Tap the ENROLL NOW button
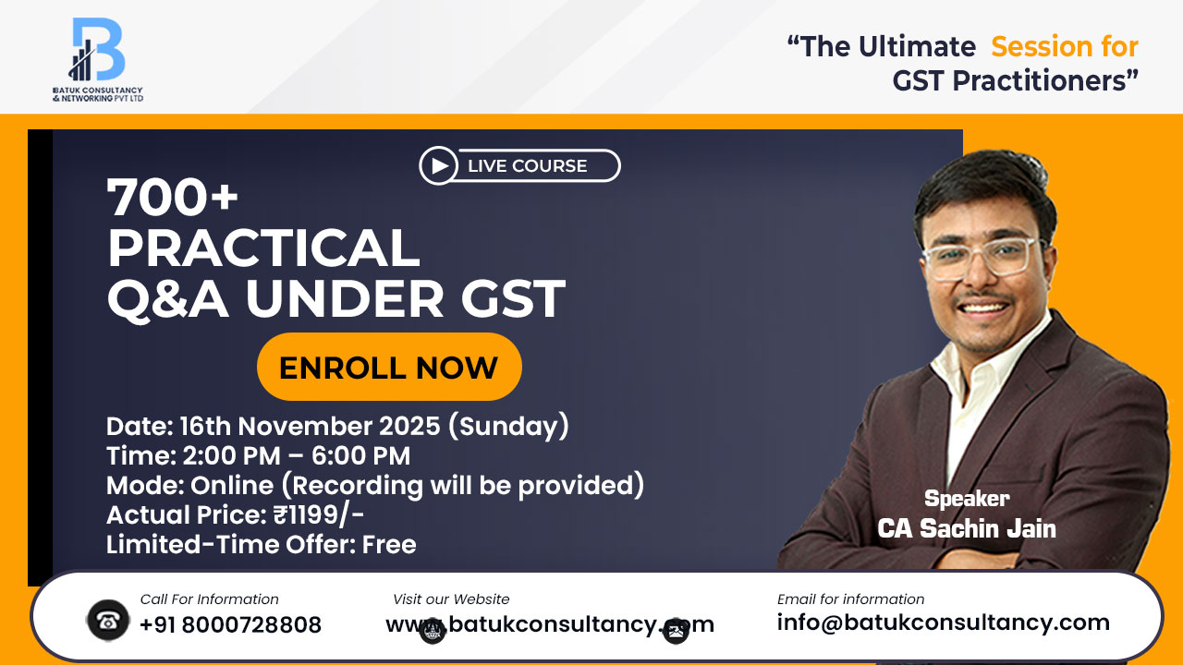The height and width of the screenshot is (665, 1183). click(x=388, y=368)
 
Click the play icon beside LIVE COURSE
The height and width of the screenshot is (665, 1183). click(x=438, y=166)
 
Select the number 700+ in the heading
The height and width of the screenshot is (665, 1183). click(x=173, y=197)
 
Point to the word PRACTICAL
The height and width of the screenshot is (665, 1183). click(x=263, y=248)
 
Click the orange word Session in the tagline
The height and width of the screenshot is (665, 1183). click(x=1065, y=46)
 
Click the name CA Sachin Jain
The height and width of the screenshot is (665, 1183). click(x=967, y=528)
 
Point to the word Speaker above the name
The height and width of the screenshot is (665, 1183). click(x=967, y=499)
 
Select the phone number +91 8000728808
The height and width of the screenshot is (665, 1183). click(x=230, y=625)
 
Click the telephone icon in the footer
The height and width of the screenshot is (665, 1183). click(x=107, y=621)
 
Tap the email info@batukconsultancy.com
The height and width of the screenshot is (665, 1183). click(x=943, y=623)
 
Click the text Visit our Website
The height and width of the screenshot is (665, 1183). click(x=451, y=599)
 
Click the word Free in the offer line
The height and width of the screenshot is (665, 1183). click(x=389, y=545)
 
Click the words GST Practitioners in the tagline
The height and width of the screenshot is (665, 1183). click(x=1015, y=81)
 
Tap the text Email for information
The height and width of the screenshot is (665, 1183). click(x=850, y=599)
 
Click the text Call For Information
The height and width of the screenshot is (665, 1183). click(x=209, y=599)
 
